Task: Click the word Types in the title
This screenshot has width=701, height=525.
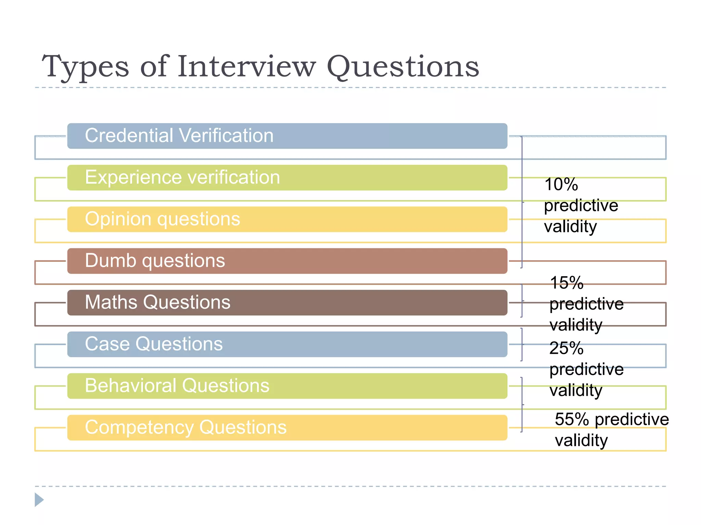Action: [86, 67]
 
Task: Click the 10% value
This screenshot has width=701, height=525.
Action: [561, 185]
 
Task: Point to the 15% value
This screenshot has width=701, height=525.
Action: [566, 283]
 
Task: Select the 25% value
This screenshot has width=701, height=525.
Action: [566, 349]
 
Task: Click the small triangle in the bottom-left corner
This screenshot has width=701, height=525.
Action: [39, 500]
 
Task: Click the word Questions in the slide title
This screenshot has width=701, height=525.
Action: [403, 67]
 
